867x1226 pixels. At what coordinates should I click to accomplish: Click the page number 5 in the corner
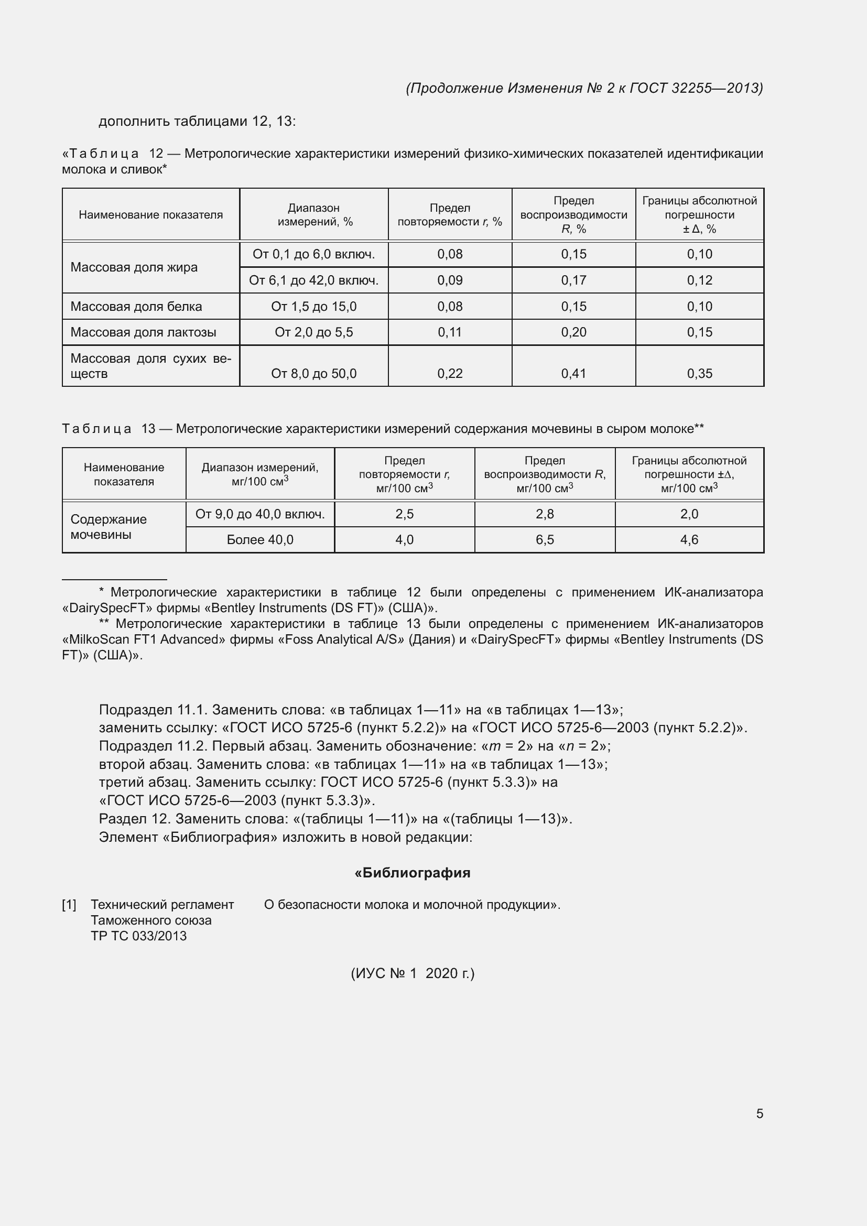pos(759,1113)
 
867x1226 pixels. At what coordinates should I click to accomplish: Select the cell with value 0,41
pos(573,373)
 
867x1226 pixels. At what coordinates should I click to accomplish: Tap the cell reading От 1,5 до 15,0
pos(313,307)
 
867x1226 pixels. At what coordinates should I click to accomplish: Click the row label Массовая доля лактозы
pos(143,332)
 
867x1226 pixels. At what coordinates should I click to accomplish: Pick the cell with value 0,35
pos(699,373)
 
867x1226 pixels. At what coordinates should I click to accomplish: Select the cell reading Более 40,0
pos(260,539)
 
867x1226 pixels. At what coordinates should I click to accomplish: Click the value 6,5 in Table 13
pos(545,539)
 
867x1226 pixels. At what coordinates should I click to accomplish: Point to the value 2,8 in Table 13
pos(545,514)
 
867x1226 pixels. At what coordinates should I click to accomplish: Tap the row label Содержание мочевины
pos(109,526)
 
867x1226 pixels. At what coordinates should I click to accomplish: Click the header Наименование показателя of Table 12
pos(150,215)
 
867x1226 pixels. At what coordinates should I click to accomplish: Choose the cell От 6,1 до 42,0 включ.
pos(313,280)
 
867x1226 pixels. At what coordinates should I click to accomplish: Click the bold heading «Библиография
pos(412,873)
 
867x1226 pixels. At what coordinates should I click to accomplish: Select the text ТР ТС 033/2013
pos(139,936)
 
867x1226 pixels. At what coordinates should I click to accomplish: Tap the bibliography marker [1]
pos(69,905)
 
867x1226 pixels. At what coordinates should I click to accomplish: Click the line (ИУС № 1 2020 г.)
pos(412,973)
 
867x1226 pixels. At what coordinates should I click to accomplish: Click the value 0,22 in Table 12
pos(450,373)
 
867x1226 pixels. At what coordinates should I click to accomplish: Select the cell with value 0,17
pos(573,280)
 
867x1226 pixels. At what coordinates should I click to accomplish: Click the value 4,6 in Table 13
pos(689,539)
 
